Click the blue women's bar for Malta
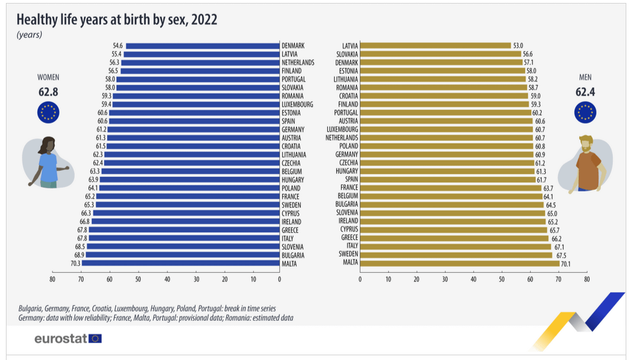pos(181,263)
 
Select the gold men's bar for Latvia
pos(435,46)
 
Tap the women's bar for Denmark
pos(203,46)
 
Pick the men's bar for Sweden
pos(456,255)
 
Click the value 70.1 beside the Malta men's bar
pos(565,264)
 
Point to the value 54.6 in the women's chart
pos(117,46)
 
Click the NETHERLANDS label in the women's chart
pos(298,63)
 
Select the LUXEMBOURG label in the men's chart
pos(342,129)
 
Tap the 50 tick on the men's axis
pos(502,279)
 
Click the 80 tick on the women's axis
pos(52,279)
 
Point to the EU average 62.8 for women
pos(48,93)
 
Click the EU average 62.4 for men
pos(585,93)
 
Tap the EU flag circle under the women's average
pos(48,113)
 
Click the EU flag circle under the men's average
pos(585,113)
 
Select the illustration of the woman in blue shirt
pos(47,162)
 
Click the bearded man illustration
pos(585,164)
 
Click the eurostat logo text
pos(60,339)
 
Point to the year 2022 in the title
pos(204,20)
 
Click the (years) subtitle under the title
pos(29,35)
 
